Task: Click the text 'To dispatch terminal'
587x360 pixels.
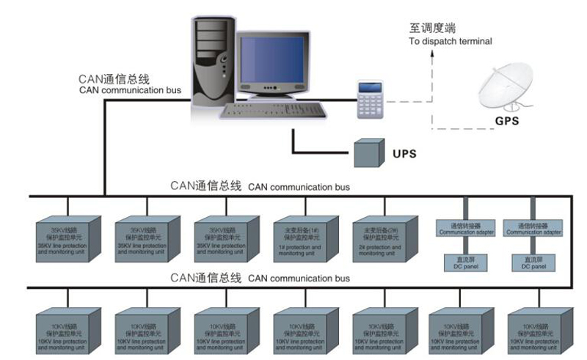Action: point(450,42)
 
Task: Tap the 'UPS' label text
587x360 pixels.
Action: point(404,154)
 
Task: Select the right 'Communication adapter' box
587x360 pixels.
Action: point(533,228)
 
